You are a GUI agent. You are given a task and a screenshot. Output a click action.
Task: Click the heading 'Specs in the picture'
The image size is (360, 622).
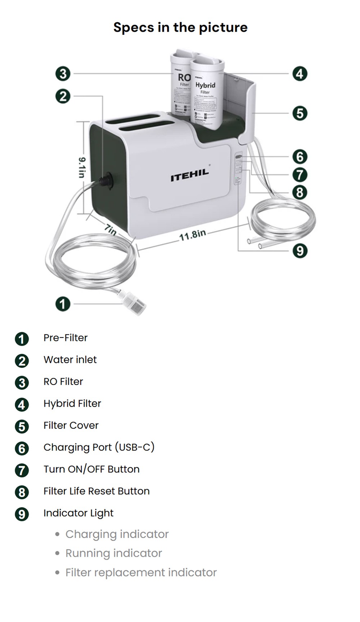coord(180,27)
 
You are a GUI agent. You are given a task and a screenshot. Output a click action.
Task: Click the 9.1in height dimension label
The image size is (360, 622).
coord(82,167)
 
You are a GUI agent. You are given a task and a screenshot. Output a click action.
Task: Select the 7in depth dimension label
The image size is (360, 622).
coord(111,229)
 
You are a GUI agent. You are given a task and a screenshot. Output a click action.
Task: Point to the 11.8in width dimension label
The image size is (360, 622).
coord(193,235)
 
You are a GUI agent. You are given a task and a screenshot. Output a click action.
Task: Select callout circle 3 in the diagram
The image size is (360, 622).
coord(63,74)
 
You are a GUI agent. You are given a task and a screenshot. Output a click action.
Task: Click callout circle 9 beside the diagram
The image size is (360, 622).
coord(300,250)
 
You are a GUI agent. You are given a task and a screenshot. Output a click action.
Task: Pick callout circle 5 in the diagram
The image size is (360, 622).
coord(300,113)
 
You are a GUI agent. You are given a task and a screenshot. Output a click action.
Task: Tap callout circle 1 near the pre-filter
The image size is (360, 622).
coord(63,304)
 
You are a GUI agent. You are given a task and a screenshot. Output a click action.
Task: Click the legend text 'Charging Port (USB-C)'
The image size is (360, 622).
coord(99,447)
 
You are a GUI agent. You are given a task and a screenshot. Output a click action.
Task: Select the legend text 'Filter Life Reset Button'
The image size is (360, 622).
coord(96,491)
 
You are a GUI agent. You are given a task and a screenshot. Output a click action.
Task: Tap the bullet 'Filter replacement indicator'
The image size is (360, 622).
coord(141,572)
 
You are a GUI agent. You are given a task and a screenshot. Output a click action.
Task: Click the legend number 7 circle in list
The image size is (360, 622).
coord(22,470)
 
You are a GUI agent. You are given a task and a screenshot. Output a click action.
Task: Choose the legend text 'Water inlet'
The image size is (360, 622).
coord(70,360)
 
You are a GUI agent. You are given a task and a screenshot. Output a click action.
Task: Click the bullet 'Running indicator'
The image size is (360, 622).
coord(113,553)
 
